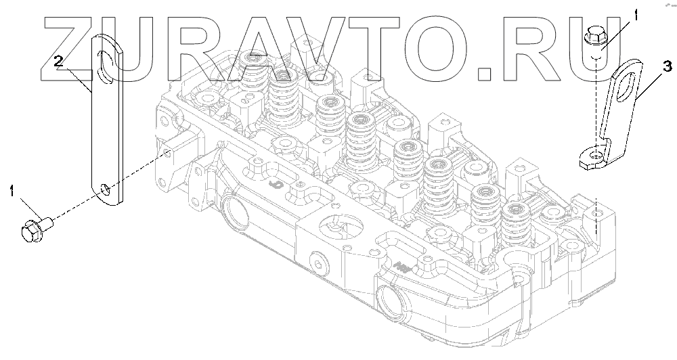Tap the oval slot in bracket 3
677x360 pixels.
(625, 88)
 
